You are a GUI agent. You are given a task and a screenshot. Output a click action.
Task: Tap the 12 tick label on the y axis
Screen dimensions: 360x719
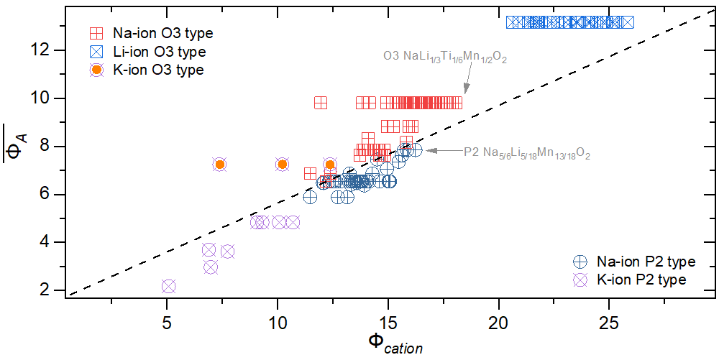pyautogui.click(x=43, y=50)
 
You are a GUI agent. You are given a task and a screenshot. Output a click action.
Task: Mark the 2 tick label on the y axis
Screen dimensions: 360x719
pyautogui.click(x=47, y=290)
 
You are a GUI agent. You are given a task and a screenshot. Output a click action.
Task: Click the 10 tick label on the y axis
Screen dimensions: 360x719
pyautogui.click(x=43, y=98)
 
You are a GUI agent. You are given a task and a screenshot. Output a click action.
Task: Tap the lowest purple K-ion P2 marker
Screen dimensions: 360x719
pyautogui.click(x=168, y=286)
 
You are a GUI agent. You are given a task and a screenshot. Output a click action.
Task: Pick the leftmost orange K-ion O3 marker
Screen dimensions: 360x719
pyautogui.click(x=220, y=165)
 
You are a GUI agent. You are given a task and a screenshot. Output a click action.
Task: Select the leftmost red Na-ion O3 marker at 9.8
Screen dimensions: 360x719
pyautogui.click(x=321, y=103)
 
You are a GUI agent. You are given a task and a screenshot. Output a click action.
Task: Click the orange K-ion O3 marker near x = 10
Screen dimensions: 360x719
pyautogui.click(x=282, y=165)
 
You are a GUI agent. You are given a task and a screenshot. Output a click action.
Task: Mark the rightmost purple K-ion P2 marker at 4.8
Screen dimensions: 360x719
pyautogui.click(x=293, y=222)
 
